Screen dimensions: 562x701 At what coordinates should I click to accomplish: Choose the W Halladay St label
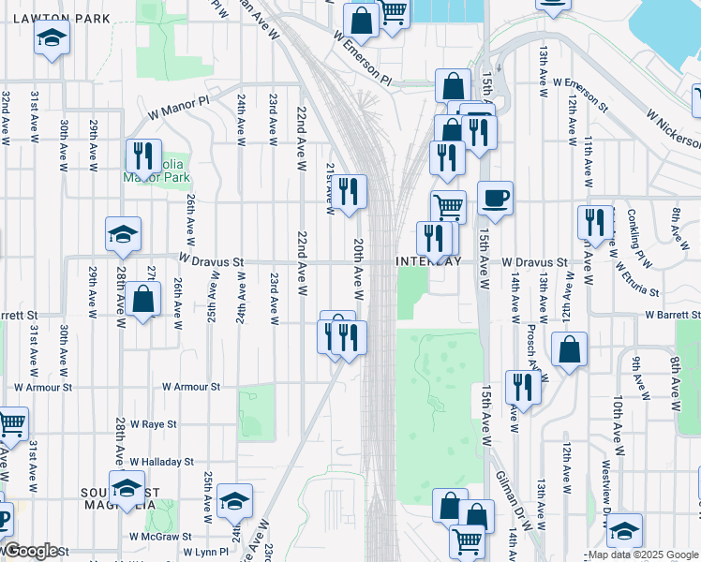point(161,462)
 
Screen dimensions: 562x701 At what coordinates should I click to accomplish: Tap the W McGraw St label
point(161,537)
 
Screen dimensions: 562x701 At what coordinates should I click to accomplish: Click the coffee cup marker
point(495,199)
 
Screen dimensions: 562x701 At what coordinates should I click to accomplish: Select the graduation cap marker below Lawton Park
point(51,39)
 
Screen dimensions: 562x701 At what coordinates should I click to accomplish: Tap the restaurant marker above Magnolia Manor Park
point(143,156)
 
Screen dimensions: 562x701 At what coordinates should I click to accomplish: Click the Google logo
point(30,551)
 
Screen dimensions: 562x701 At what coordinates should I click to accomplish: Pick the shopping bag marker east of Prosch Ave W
point(569,351)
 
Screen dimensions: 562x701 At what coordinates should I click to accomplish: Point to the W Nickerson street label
point(673,128)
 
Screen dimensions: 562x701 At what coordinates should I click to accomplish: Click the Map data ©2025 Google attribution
point(644,555)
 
